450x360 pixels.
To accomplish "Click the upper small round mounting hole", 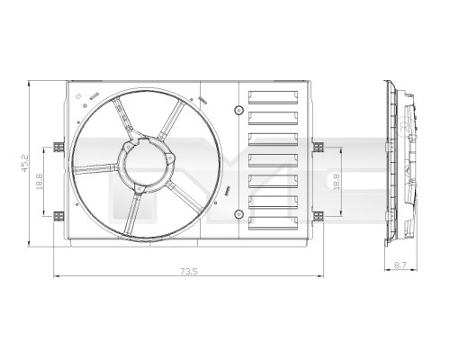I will [x=238, y=111].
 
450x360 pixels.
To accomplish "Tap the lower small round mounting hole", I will [x=238, y=214].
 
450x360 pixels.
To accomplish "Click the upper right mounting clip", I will [x=317, y=145].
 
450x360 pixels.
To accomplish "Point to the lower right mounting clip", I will [x=317, y=214].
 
